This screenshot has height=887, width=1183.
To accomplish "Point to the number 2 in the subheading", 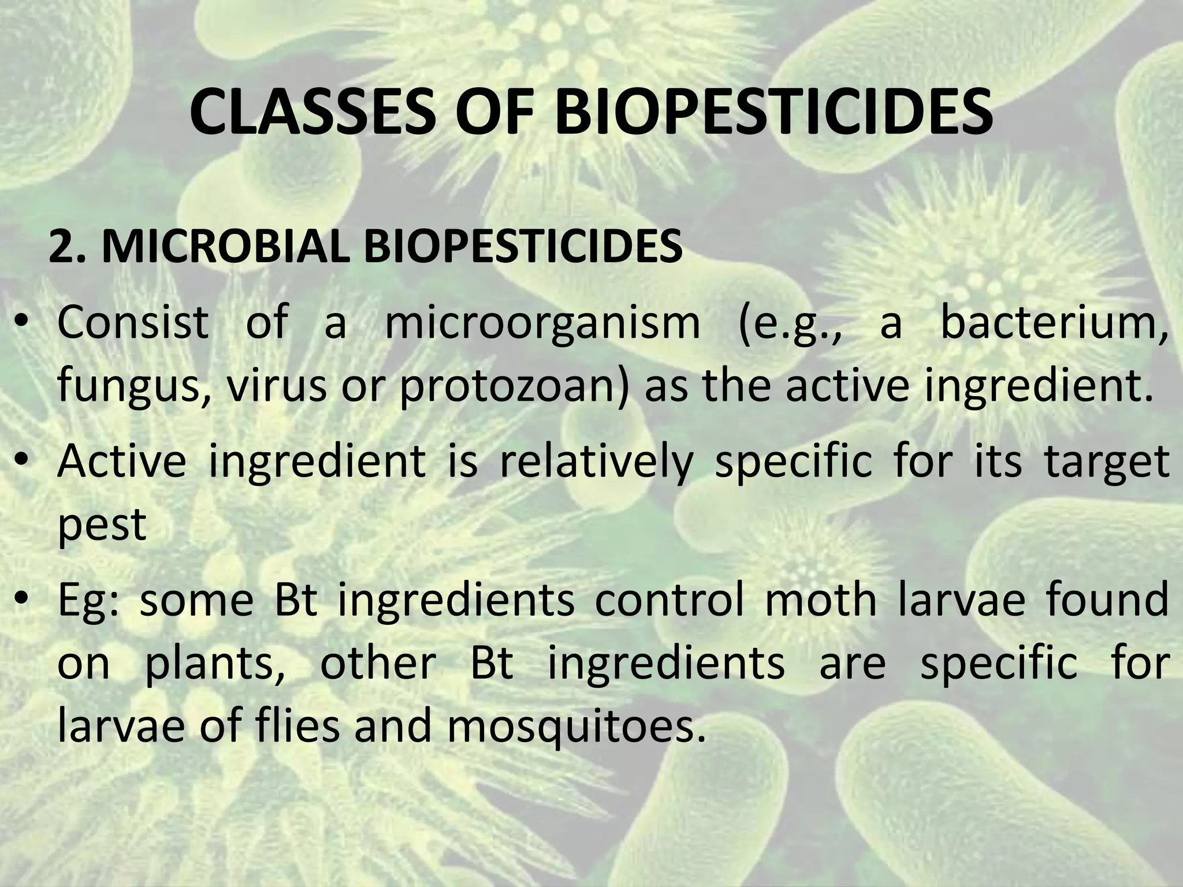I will pos(59,247).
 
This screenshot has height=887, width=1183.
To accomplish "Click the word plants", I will pos(214,664).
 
